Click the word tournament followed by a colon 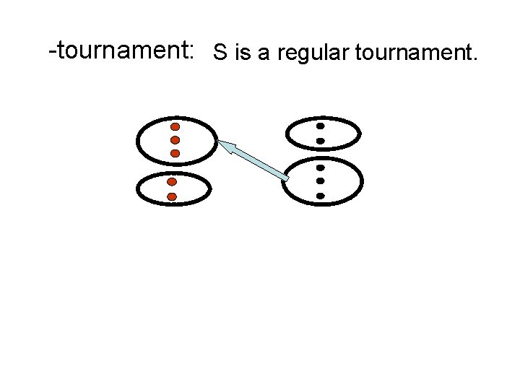[x=123, y=51]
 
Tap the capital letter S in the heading [x=220, y=52]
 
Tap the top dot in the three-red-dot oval [x=175, y=126]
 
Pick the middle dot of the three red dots [x=175, y=139]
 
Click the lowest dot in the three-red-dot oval [x=175, y=153]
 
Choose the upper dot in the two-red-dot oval [x=172, y=182]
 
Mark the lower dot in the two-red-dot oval [x=172, y=196]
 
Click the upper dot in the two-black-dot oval [x=320, y=126]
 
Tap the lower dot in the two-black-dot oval [x=320, y=140]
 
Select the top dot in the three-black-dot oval [x=320, y=168]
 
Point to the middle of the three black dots [x=320, y=181]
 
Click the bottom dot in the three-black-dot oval [x=320, y=195]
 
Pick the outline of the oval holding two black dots [x=360, y=133]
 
